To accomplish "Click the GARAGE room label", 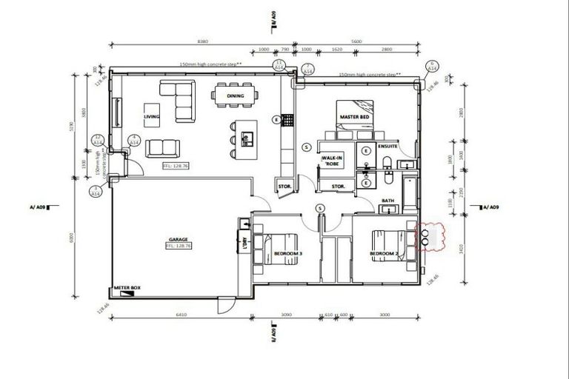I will (177, 239).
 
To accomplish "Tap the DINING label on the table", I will (236, 96).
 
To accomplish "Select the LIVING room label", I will (152, 116).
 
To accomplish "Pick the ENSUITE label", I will (388, 147).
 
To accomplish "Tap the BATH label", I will (387, 201).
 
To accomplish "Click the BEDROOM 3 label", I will (287, 254).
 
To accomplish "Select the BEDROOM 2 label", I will (385, 254).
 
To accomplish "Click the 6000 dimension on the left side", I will (73, 238).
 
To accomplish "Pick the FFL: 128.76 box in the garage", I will (179, 246).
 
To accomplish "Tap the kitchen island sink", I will (247, 136).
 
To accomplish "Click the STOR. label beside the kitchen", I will (284, 186).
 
